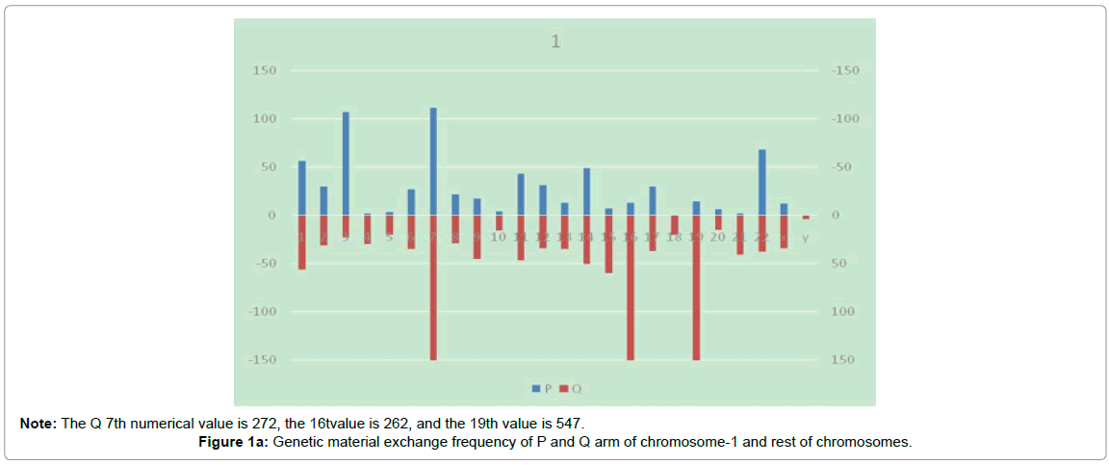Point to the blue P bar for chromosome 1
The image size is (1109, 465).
coord(301,188)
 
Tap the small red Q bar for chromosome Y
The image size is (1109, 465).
coord(806,218)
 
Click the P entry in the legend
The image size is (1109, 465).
coord(542,389)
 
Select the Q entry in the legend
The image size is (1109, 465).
coord(572,389)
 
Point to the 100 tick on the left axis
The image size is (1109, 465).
coord(265,119)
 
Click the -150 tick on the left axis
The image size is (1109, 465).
coord(262,360)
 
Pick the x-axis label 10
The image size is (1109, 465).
coord(499,237)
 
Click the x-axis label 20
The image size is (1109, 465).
coord(717,237)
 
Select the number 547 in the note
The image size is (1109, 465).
coord(568,424)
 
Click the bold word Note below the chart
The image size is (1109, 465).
coord(39,424)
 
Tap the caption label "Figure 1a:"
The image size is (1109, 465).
coord(230,442)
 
